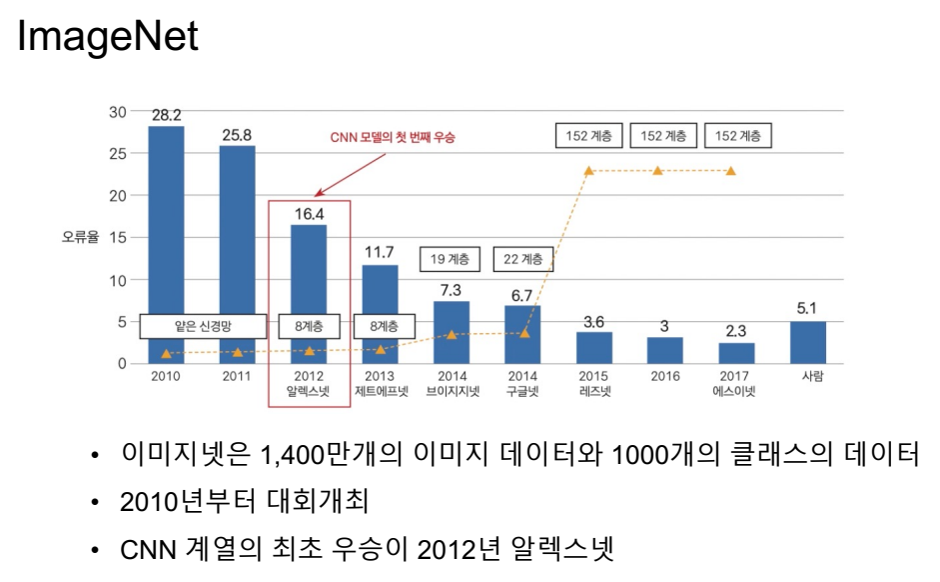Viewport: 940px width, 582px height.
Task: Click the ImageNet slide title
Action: tap(108, 38)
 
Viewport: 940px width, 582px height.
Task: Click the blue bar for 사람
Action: tap(807, 342)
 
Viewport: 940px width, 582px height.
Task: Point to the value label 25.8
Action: tap(237, 134)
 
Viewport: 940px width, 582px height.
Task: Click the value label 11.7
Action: tap(380, 252)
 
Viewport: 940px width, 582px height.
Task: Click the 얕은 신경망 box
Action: tap(203, 326)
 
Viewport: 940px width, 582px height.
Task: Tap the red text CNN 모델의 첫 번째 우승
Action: tap(392, 137)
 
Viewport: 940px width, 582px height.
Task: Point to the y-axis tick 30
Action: tap(118, 112)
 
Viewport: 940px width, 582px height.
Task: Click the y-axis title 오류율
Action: tap(80, 238)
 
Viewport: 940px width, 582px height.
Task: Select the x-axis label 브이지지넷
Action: tap(453, 391)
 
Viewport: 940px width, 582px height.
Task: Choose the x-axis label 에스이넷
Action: tap(735, 391)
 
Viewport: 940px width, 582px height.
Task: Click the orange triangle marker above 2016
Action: tap(658, 171)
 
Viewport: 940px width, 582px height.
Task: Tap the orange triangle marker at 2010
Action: tap(166, 353)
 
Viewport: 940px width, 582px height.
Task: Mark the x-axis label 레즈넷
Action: tap(594, 391)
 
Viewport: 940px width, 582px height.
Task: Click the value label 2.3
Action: tap(736, 330)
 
